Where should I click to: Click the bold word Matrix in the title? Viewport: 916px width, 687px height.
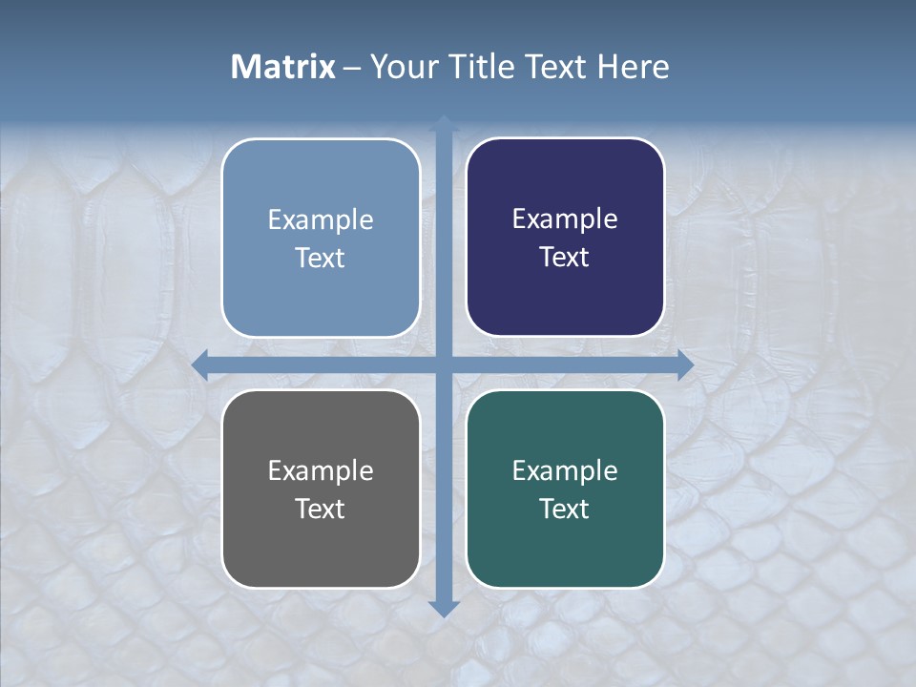(x=282, y=67)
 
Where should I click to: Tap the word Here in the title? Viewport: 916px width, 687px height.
(x=634, y=67)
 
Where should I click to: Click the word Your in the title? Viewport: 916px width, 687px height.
(x=405, y=67)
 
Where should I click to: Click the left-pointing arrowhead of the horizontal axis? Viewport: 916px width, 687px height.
(x=200, y=365)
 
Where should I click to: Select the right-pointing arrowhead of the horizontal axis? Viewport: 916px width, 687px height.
(x=685, y=365)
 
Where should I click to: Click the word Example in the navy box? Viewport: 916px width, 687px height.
(x=565, y=219)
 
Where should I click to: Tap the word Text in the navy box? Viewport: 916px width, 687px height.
(x=565, y=257)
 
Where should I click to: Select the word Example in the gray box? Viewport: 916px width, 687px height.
(x=321, y=470)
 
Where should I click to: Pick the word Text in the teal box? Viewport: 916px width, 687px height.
(x=565, y=509)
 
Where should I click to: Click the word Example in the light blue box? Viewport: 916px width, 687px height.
(x=321, y=219)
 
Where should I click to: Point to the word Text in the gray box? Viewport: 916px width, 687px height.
(x=321, y=509)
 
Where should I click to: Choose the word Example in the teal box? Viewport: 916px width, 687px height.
(x=565, y=470)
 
